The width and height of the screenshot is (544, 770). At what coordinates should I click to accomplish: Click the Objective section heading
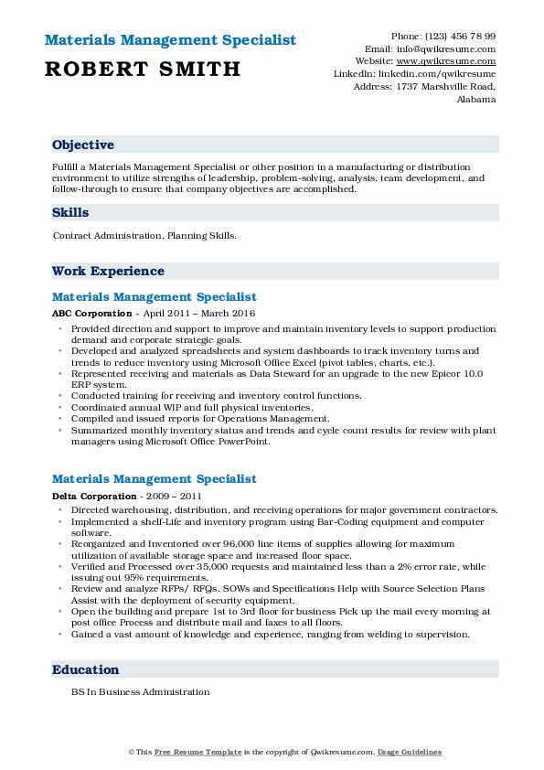coord(83,145)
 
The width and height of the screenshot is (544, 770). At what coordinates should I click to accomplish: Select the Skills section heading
coord(70,213)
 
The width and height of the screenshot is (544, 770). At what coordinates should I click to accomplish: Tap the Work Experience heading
coord(108,272)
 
